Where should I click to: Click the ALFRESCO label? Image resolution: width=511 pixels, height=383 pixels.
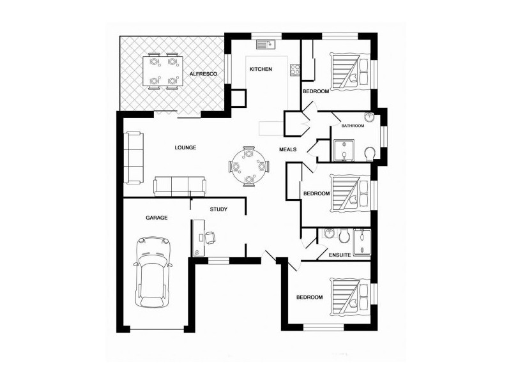point(203,74)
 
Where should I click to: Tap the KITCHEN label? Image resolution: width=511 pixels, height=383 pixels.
point(261,69)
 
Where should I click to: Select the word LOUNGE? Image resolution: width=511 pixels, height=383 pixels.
point(185,147)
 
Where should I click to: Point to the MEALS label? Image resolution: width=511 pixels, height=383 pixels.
point(288,149)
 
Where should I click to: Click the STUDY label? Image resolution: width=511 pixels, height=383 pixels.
point(218,209)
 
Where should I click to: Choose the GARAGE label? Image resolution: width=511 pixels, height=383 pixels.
point(156,218)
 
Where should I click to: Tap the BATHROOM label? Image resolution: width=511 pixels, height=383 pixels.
point(353,126)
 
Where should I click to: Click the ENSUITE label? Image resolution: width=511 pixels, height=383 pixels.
point(340,255)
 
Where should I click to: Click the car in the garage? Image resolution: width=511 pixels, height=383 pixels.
point(153,272)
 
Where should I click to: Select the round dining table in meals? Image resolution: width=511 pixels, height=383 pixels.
point(249,167)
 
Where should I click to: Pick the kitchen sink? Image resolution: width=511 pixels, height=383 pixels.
point(266,45)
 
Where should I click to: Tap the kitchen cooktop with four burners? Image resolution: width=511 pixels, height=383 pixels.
point(295,70)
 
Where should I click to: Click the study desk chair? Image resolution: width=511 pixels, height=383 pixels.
point(210,237)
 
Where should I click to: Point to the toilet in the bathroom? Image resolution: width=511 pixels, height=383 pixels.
point(370,153)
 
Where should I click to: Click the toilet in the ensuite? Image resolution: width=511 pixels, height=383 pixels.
point(344,236)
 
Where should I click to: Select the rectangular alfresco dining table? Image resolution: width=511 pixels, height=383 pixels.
point(162,71)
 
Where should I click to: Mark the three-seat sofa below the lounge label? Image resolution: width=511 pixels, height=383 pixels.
point(179,186)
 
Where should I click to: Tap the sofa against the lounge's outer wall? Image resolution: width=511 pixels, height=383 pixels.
point(133,158)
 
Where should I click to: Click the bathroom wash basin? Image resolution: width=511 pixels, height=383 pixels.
point(369,117)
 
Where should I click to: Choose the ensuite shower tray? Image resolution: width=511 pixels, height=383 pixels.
point(362,243)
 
